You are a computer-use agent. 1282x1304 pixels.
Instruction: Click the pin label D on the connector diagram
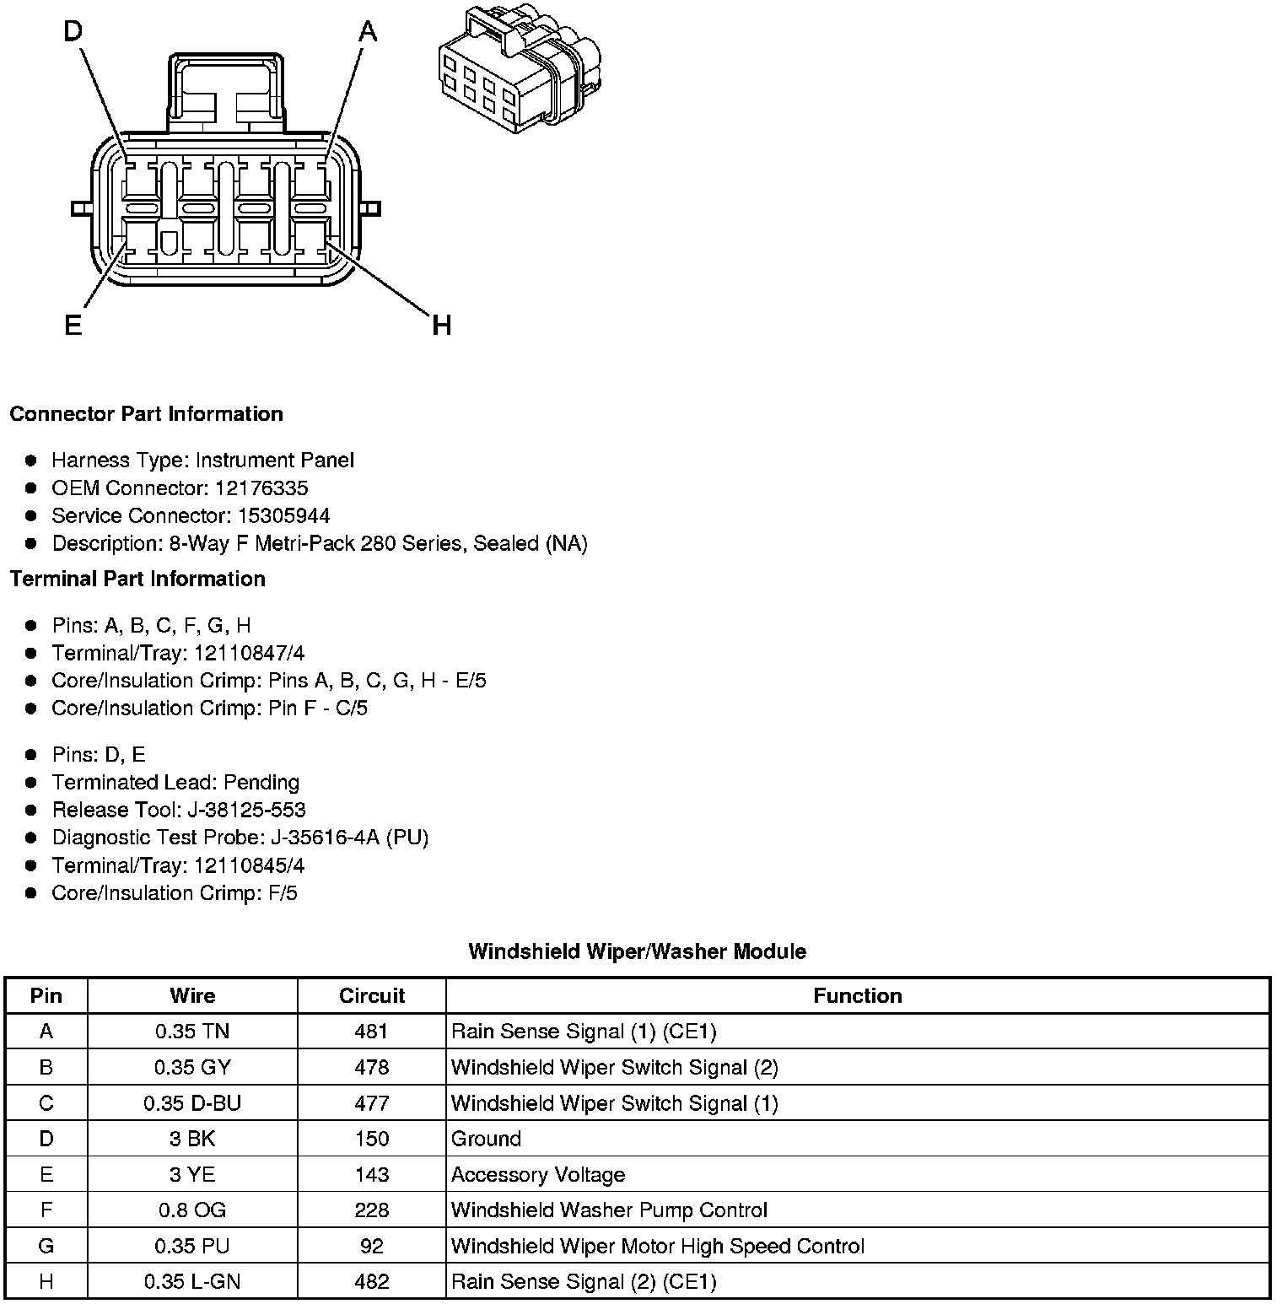(x=73, y=32)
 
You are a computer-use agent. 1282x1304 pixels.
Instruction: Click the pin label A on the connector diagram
(x=368, y=32)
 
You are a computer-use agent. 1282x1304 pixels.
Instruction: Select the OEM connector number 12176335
(x=261, y=488)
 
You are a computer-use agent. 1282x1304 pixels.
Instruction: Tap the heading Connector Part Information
(x=146, y=414)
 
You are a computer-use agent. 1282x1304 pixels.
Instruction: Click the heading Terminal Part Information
(x=137, y=579)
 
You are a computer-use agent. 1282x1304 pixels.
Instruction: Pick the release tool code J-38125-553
(x=246, y=810)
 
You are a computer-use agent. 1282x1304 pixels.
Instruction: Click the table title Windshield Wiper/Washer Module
(x=637, y=951)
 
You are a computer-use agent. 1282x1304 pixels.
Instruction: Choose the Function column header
(x=857, y=996)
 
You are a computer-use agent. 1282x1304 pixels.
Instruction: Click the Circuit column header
(x=372, y=996)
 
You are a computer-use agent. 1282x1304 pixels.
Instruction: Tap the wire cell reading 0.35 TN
(x=192, y=1032)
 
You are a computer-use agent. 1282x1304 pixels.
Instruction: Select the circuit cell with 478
(x=372, y=1067)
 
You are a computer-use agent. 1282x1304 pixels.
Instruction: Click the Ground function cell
(x=487, y=1139)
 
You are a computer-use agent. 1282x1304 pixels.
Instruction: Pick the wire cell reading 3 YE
(x=192, y=1174)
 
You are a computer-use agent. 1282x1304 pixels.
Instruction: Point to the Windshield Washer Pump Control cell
(x=609, y=1210)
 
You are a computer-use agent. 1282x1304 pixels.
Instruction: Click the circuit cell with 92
(x=372, y=1246)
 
